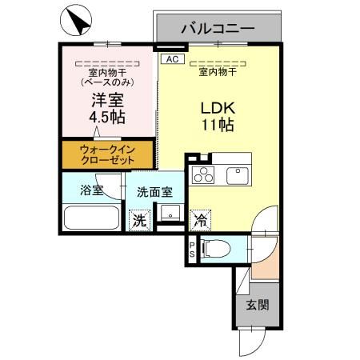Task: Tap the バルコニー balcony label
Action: [x=217, y=28]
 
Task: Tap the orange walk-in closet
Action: [x=107, y=154]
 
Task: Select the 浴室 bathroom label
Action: [x=90, y=190]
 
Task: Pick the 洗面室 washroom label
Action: [x=154, y=192]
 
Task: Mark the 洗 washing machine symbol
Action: [x=139, y=218]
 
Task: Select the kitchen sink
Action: [x=238, y=174]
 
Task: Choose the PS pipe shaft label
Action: [x=193, y=250]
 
